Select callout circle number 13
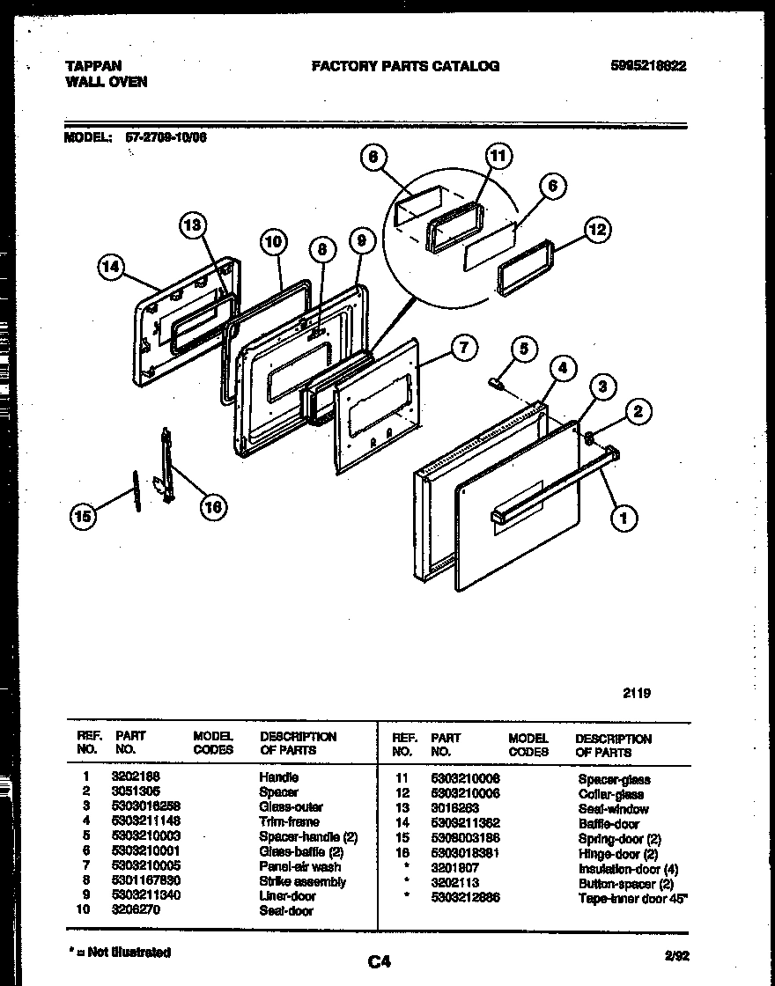(193, 225)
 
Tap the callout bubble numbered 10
(273, 241)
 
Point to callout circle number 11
(498, 157)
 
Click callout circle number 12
(597, 230)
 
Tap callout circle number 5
(523, 350)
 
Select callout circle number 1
(624, 519)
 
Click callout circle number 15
(83, 518)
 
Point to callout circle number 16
(212, 506)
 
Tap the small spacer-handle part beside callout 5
(497, 382)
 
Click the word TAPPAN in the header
(93, 65)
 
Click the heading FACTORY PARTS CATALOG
(405, 66)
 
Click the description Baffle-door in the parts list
(609, 824)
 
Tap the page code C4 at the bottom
(379, 962)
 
